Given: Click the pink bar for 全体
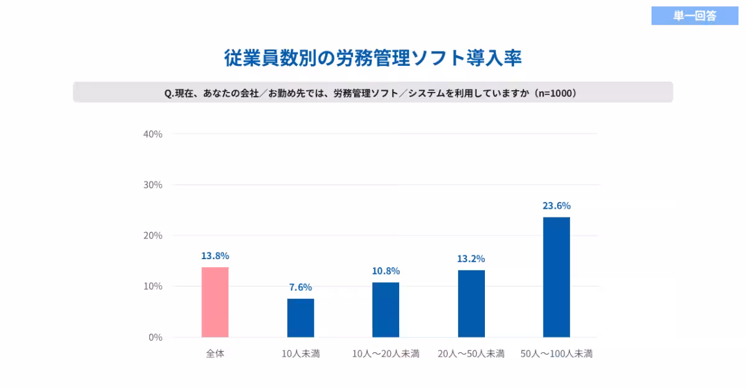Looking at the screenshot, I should [x=215, y=302].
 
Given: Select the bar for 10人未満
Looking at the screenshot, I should [x=300, y=318].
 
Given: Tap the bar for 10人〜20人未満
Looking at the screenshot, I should [x=385, y=309].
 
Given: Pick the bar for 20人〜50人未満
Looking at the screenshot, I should [x=471, y=303].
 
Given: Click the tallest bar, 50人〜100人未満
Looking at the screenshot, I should [x=556, y=277].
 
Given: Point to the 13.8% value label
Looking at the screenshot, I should [x=215, y=255].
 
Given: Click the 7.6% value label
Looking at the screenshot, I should [x=300, y=287].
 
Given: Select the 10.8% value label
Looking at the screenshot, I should [x=385, y=271].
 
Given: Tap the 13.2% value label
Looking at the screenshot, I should [x=471, y=259].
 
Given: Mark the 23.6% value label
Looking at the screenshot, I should [x=556, y=206].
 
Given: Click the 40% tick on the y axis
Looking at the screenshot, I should [x=153, y=134].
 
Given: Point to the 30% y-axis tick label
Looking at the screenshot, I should [x=153, y=185].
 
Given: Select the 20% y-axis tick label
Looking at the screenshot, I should [x=153, y=236].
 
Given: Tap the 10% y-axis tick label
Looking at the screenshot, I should [x=153, y=286].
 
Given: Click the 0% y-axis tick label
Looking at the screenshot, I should [x=155, y=337].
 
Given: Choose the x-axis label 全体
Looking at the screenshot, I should [x=215, y=354].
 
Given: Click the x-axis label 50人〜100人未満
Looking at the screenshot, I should [x=556, y=354].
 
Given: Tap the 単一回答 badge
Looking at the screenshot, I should [x=694, y=16].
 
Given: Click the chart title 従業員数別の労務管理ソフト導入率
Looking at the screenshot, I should [x=372, y=58].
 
